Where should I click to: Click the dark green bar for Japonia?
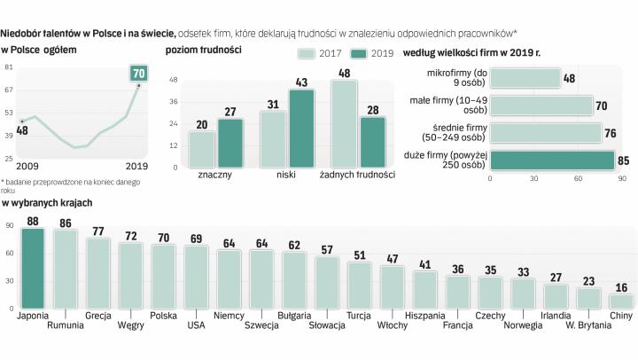coord(33,267)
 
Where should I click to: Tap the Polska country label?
coord(163,314)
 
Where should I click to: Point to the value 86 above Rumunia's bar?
coord(66,223)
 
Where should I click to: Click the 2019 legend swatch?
coord(360,53)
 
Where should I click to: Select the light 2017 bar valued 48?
coord(344,124)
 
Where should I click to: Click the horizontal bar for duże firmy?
coord(551,160)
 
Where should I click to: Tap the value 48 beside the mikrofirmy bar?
coord(569,78)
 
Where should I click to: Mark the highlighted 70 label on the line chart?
coord(137,72)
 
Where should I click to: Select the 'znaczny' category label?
coord(215,176)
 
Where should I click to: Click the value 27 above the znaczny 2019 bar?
coord(230,111)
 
